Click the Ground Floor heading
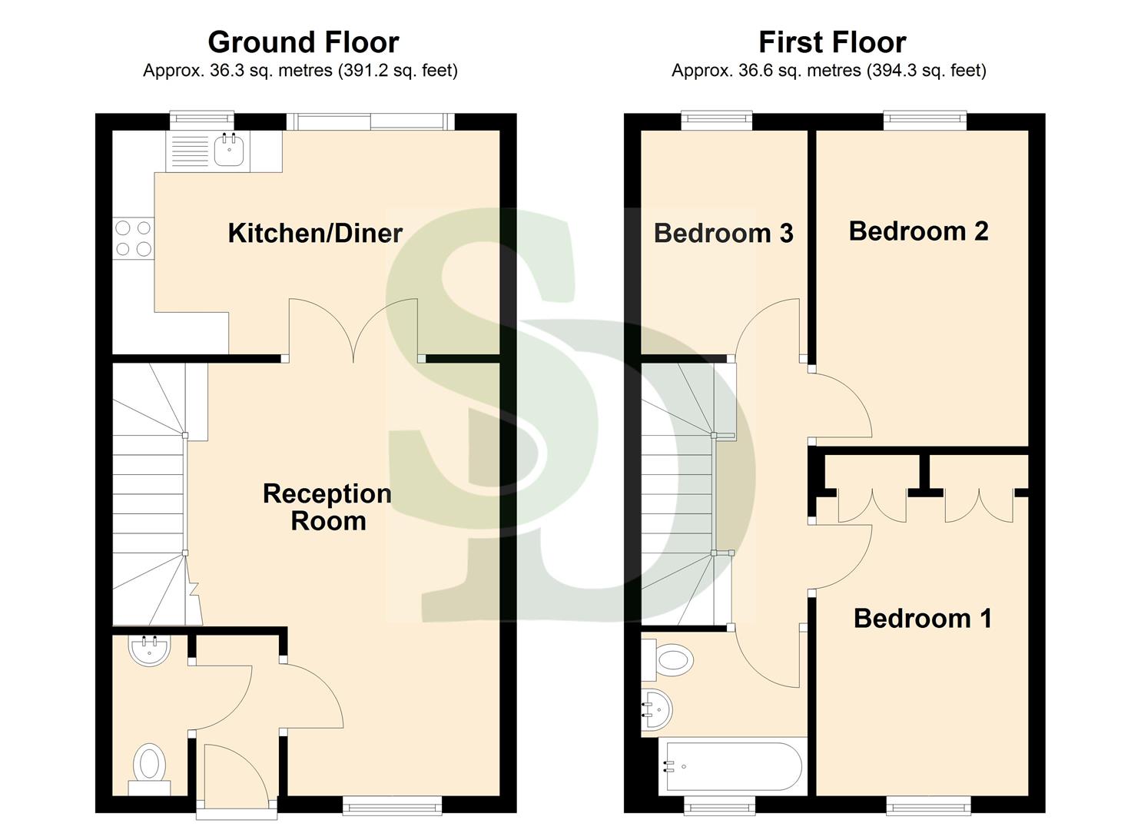303,41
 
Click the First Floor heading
831,41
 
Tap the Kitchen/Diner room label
315,233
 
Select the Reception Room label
327,507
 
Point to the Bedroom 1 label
922,618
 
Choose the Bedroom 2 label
918,231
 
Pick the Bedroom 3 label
723,233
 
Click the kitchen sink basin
229,150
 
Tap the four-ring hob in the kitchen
133,237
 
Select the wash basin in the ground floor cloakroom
150,651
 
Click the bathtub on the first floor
732,766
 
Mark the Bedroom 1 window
928,805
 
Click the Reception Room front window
393,805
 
